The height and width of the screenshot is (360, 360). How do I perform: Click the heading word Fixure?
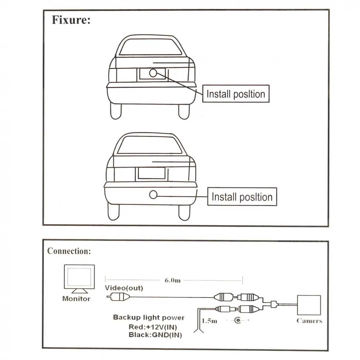click(71, 20)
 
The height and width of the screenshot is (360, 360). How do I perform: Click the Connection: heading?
click(69, 251)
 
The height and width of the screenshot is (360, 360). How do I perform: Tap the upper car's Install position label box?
click(236, 94)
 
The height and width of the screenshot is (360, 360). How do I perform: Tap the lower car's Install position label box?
click(242, 197)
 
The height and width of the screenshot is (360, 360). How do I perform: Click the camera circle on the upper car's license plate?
click(153, 73)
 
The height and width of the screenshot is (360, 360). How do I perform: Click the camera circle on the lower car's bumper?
click(153, 195)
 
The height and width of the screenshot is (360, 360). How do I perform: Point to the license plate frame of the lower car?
click(152, 174)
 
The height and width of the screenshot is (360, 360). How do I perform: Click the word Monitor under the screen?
click(76, 299)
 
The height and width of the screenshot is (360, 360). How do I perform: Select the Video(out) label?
click(124, 288)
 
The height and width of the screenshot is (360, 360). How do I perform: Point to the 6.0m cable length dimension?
click(173, 280)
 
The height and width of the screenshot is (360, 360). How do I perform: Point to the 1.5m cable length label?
click(209, 321)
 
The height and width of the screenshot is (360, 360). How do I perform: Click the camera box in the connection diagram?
click(309, 305)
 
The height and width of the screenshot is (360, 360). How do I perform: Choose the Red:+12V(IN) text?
click(153, 327)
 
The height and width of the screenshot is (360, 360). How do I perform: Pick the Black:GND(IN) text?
click(155, 335)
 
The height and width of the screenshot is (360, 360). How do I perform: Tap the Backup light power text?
click(149, 317)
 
